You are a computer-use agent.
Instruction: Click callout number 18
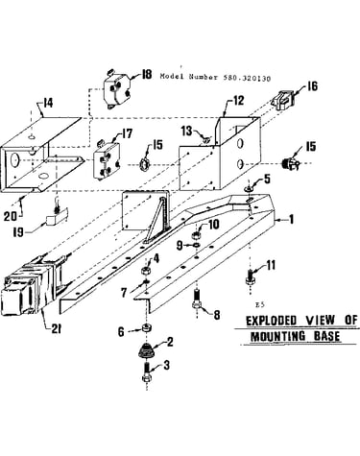coord(147,75)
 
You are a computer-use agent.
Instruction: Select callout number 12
coord(238,101)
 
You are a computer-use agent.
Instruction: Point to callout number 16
coord(312,86)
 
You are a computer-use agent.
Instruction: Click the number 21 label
coord(56,329)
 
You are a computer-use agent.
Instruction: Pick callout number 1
coord(291,220)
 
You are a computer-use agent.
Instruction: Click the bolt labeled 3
coord(146,372)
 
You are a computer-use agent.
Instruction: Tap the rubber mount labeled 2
coord(146,350)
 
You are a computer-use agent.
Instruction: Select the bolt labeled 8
coord(197,299)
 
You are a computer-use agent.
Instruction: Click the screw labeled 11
coord(251,276)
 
